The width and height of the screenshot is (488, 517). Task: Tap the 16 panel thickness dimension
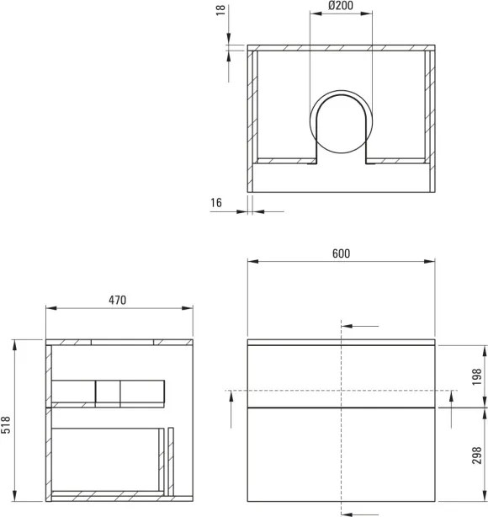pos(215,203)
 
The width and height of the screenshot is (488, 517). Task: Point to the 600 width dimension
pos(340,253)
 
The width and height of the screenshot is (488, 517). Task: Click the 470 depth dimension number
pos(118,301)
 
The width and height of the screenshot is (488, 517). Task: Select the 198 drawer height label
pos(475,376)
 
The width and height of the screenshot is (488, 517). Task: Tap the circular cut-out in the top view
pos(340,124)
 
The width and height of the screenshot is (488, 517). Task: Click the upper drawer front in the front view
pos(340,376)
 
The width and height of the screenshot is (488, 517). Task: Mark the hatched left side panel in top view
pos(251,118)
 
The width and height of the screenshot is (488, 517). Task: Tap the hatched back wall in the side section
pos(49,421)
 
